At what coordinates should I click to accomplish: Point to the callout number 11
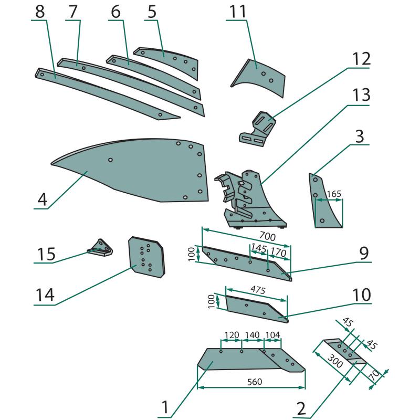click(236, 11)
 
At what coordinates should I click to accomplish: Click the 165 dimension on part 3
click(334, 194)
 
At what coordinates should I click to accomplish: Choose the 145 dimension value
click(258, 247)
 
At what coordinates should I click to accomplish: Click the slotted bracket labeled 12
click(260, 129)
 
